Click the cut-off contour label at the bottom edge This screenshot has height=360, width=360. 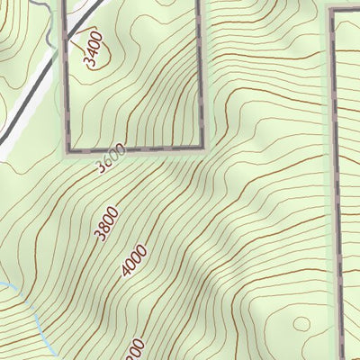pyautogui.click(x=134, y=350)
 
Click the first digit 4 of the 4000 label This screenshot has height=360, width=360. pyautogui.click(x=126, y=273)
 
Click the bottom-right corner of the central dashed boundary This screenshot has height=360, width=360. pyautogui.click(x=202, y=148)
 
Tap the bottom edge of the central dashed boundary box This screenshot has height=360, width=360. pyautogui.click(x=135, y=148)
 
